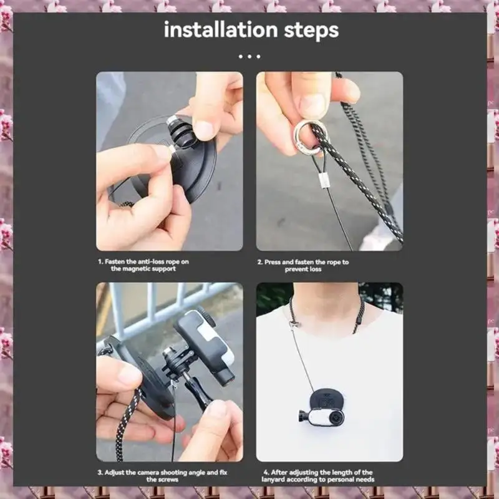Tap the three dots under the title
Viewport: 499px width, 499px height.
click(x=249, y=56)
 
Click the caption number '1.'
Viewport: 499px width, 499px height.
click(x=100, y=262)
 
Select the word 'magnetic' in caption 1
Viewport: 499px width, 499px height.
click(x=127, y=269)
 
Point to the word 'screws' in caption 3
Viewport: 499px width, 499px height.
click(x=169, y=480)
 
